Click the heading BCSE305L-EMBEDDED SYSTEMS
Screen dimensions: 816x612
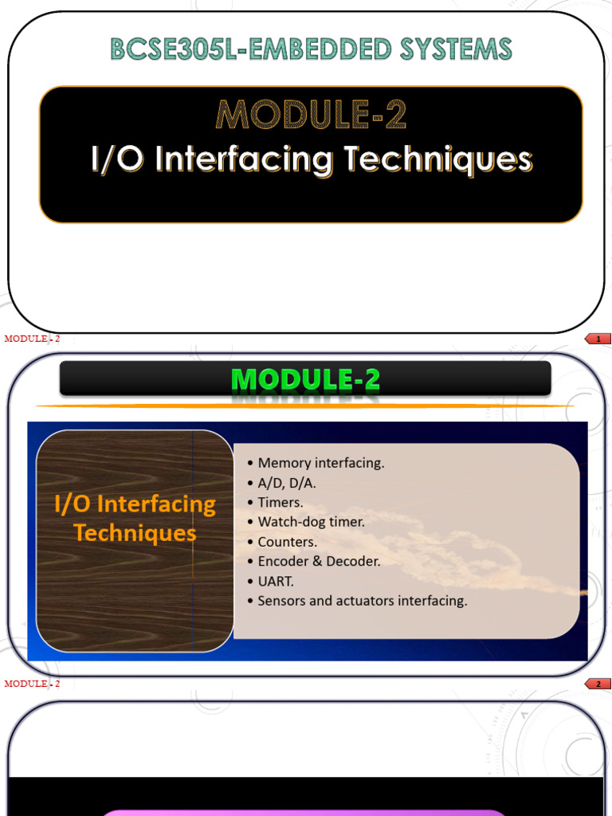pos(311,49)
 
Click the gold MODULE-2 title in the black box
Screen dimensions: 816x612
pos(311,116)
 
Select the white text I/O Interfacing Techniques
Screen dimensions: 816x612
pos(311,159)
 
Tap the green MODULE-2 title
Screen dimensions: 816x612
pos(305,380)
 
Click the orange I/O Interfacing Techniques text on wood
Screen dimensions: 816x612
pos(135,518)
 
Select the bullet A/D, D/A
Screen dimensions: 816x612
pos(287,483)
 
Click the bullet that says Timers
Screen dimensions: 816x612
pos(280,503)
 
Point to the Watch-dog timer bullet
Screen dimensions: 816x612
pos(311,522)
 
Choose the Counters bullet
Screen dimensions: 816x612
pos(287,542)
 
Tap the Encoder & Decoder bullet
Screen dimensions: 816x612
pos(319,561)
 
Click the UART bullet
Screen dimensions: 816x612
pos(276,581)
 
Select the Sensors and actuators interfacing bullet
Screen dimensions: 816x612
pos(362,601)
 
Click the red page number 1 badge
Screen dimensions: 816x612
pos(598,339)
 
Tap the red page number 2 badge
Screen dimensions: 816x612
pos(598,684)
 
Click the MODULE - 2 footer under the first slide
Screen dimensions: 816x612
pos(32,339)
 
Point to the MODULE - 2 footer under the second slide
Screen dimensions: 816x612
pos(32,684)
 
